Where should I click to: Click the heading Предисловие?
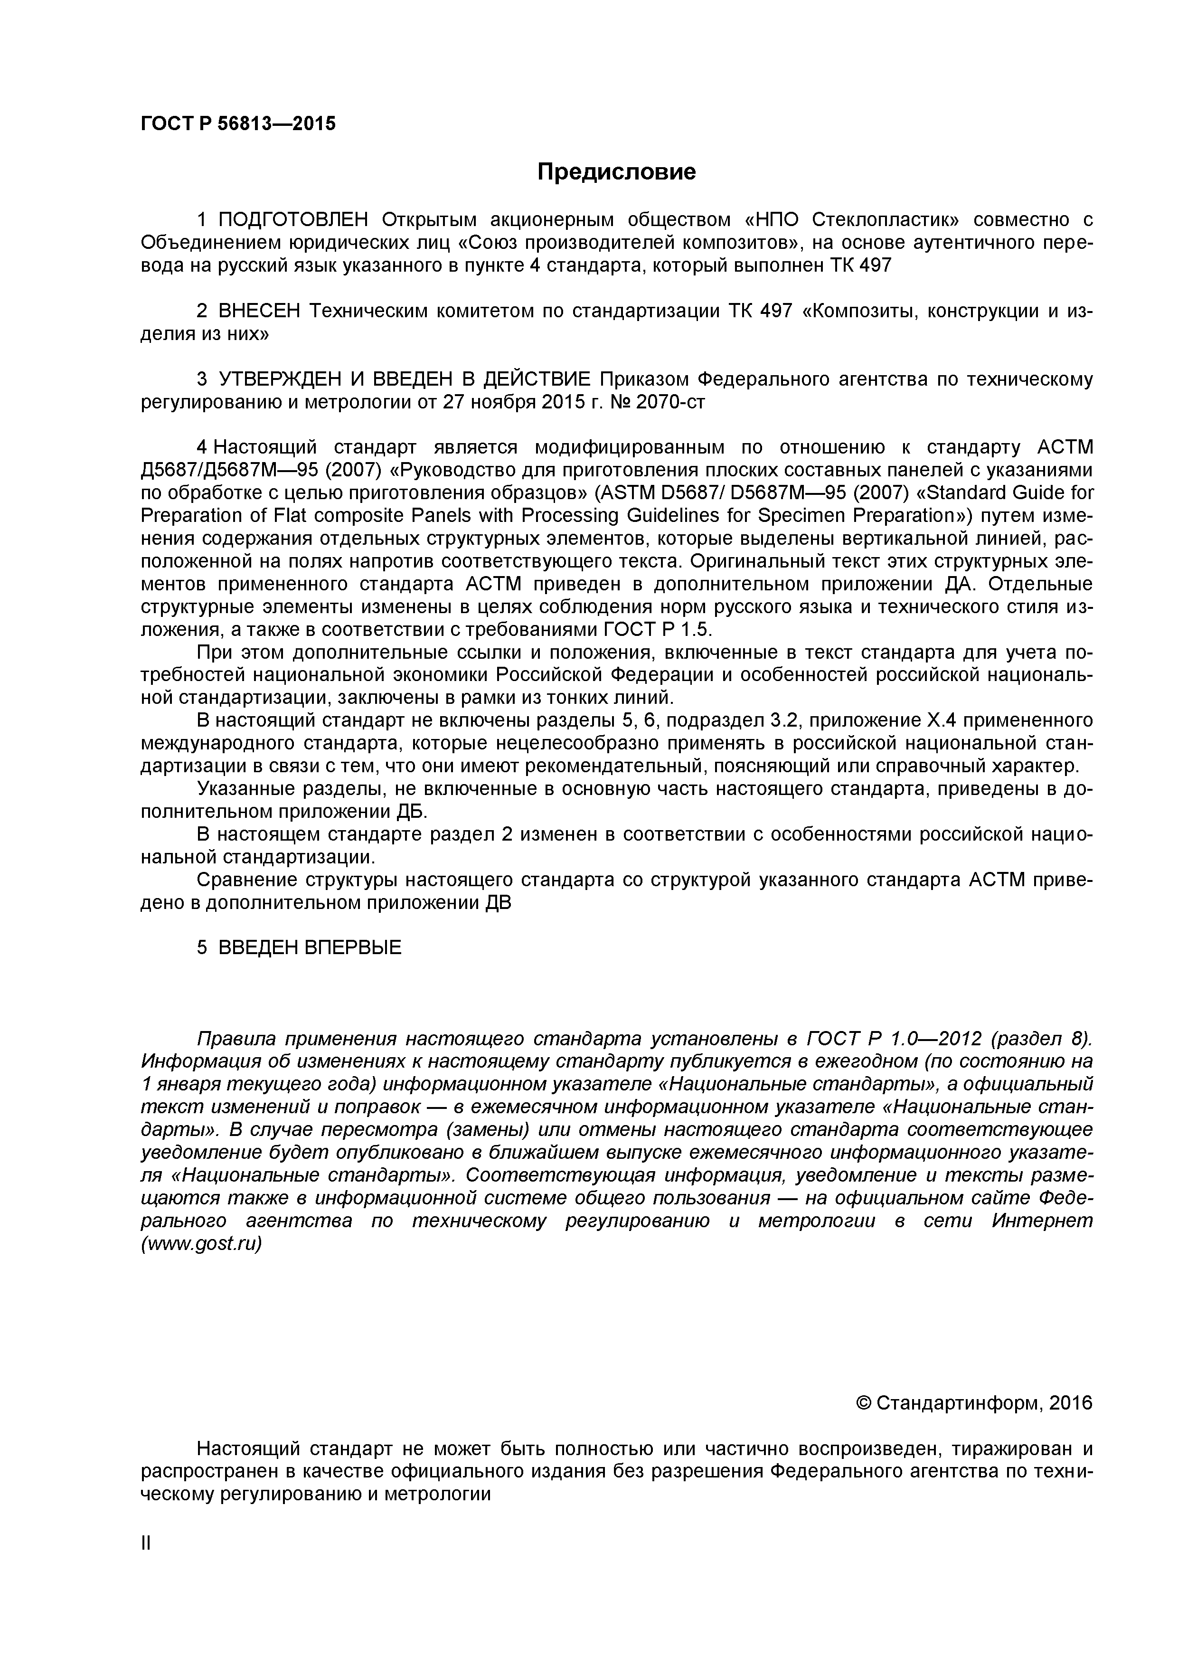click(x=616, y=172)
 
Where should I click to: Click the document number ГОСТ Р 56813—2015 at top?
click(x=238, y=124)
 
